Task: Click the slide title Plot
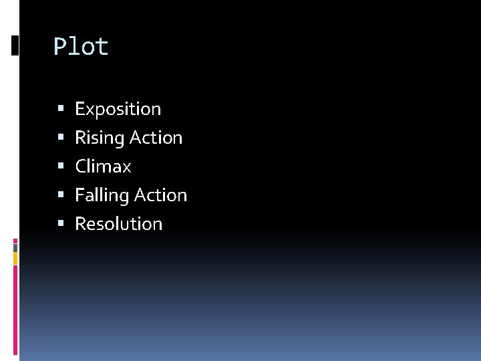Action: pos(81,47)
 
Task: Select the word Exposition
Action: pos(118,109)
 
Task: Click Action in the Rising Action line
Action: pos(156,138)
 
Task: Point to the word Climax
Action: pos(103,166)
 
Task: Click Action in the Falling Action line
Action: pos(160,195)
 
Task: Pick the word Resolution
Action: pos(118,223)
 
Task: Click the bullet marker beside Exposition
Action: pos(61,108)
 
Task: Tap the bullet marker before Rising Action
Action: pos(61,137)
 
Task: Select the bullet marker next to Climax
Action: pos(61,166)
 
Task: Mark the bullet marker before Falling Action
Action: pos(61,195)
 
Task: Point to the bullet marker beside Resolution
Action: pos(61,223)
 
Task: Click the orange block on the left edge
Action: pos(15,257)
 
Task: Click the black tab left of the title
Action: pos(15,45)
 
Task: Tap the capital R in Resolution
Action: pos(80,223)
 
